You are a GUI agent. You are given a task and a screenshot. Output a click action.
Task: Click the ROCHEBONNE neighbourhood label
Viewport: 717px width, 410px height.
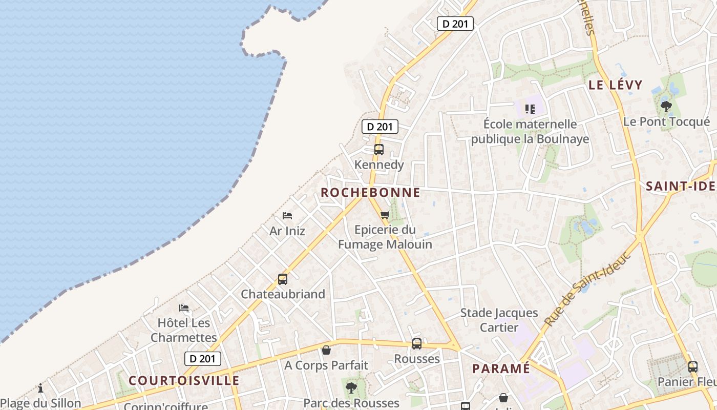pyautogui.click(x=370, y=193)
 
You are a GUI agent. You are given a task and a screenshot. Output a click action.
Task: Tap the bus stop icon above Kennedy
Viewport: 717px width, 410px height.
pyautogui.click(x=378, y=150)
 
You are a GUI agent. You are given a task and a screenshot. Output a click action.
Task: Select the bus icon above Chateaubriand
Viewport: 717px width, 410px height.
pyautogui.click(x=283, y=279)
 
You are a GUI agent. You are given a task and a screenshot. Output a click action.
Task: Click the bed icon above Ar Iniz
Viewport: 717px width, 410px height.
pyautogui.click(x=287, y=216)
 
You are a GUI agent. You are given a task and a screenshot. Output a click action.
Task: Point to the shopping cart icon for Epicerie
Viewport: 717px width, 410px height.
pyautogui.click(x=385, y=215)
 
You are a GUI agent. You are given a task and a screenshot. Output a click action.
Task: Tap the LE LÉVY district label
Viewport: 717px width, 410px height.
pyautogui.click(x=615, y=85)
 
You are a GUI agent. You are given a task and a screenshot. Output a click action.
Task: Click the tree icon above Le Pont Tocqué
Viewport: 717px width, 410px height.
pyautogui.click(x=666, y=107)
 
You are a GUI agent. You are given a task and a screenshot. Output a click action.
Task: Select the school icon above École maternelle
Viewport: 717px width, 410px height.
pyautogui.click(x=530, y=109)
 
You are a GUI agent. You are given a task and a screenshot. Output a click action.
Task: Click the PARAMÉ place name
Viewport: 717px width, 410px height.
pyautogui.click(x=501, y=368)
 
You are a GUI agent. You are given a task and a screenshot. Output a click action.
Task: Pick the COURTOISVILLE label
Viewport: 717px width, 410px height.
pyautogui.click(x=184, y=380)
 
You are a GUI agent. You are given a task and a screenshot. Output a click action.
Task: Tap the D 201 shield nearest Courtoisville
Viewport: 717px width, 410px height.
pyautogui.click(x=203, y=359)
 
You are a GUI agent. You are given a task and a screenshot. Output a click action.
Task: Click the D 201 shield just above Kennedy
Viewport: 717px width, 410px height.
pyautogui.click(x=379, y=127)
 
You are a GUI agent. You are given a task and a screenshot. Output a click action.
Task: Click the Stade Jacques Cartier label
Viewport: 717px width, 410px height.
pyautogui.click(x=499, y=320)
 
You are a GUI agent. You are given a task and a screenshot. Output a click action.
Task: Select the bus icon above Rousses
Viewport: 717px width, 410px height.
pyautogui.click(x=417, y=344)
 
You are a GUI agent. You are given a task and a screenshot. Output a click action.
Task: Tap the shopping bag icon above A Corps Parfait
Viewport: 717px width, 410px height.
pyautogui.click(x=326, y=351)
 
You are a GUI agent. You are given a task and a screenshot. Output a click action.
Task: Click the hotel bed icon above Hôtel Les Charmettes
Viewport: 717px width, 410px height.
pyautogui.click(x=184, y=308)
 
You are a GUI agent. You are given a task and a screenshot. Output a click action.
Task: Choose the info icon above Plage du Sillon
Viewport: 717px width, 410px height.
pyautogui.click(x=40, y=388)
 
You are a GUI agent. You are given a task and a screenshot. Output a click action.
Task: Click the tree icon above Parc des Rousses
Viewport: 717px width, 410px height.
pyautogui.click(x=351, y=388)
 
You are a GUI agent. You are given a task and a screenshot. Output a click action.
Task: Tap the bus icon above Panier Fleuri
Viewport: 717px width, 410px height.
pyautogui.click(x=692, y=367)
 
